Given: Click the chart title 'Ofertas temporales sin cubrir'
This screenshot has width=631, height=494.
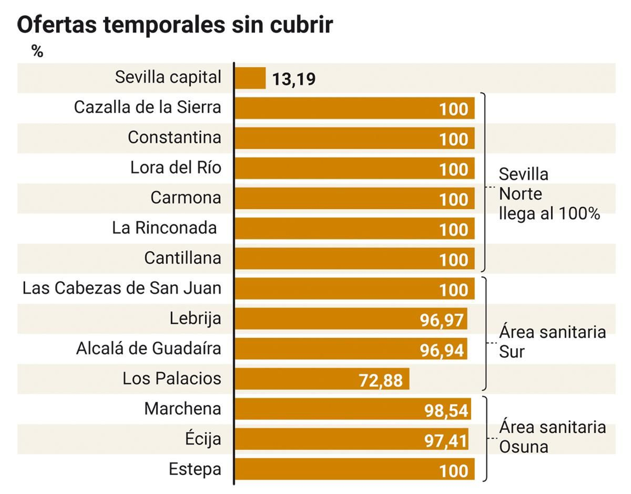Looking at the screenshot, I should click(x=175, y=24).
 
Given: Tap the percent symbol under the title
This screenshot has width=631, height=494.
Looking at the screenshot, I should click(x=37, y=51).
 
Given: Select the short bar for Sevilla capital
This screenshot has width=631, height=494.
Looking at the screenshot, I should click(x=250, y=78).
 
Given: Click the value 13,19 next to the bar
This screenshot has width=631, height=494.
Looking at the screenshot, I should click(x=294, y=79).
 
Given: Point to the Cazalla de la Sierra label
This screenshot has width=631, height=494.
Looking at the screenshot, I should click(x=147, y=107).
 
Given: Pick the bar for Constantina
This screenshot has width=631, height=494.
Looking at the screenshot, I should click(x=335, y=138).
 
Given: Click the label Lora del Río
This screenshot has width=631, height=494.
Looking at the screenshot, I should click(x=175, y=168).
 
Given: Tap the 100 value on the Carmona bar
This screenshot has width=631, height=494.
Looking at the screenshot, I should click(x=454, y=199).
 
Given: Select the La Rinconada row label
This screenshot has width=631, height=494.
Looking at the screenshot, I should click(x=164, y=228).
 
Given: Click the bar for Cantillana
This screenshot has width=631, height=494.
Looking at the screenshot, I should click(x=335, y=259).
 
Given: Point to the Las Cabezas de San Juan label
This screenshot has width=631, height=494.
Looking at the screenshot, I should click(x=121, y=288).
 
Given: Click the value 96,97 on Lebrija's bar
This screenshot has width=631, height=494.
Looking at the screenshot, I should click(x=441, y=320).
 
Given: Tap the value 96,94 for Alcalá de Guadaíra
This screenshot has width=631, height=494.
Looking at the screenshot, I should click(x=441, y=350).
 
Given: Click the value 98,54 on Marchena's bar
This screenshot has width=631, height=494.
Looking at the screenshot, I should click(x=446, y=411).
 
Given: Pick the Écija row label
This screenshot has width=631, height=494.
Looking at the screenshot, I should click(x=203, y=439).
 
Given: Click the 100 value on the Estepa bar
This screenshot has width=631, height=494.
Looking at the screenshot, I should click(x=454, y=471).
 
